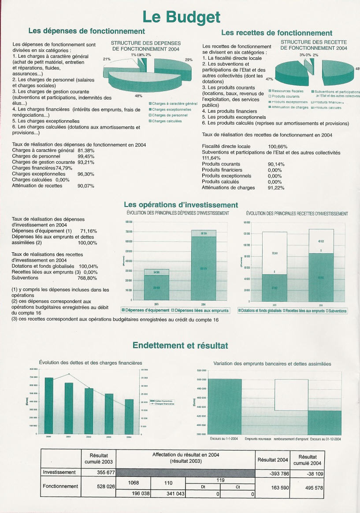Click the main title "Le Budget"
[x=181, y=17]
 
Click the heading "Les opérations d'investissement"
[x=181, y=205]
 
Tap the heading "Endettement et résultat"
[x=180, y=346]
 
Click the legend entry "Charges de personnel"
[x=170, y=115]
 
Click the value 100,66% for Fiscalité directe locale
[x=278, y=147]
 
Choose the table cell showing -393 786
[x=272, y=474]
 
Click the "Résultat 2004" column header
[x=272, y=459]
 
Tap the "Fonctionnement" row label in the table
[x=60, y=487]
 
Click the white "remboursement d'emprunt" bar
[x=291, y=395]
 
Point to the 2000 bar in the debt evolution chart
[x=48, y=405]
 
